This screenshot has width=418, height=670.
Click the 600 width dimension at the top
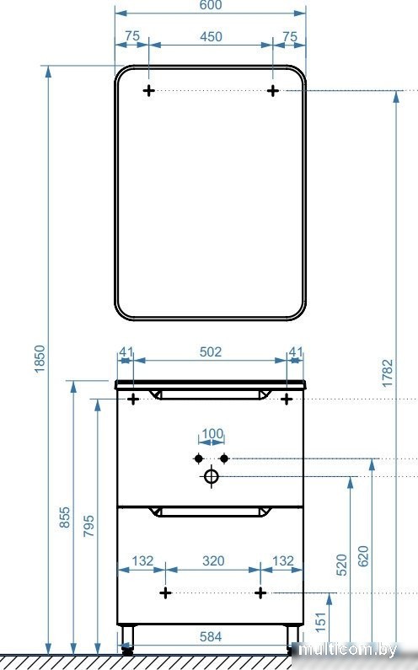[x=211, y=5]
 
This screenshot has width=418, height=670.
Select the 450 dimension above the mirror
[x=211, y=37]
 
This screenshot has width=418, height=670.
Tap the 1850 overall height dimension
[x=40, y=359]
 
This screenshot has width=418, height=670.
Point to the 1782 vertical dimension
[x=387, y=373]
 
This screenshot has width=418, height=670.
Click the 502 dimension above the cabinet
[x=211, y=351]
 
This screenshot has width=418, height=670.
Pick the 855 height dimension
[x=64, y=517]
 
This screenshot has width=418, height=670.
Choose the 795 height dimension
[x=88, y=526]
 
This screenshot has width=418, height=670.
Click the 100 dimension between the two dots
[x=212, y=434]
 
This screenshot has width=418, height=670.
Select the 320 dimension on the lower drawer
[x=213, y=560]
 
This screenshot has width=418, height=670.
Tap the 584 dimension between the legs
[x=211, y=636]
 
